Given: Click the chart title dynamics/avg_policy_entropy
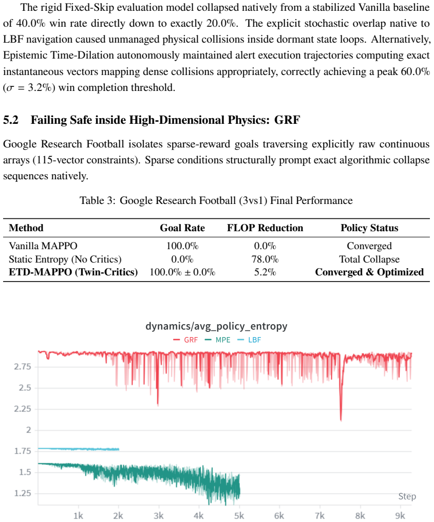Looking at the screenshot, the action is pyautogui.click(x=216, y=326).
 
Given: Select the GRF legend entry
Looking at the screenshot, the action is pyautogui.click(x=186, y=340).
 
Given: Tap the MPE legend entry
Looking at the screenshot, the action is pyautogui.click(x=218, y=340).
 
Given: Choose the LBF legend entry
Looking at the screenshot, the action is pyautogui.click(x=249, y=340).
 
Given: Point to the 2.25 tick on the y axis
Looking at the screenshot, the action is pyautogui.click(x=22, y=409).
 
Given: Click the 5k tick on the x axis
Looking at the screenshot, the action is pyautogui.click(x=239, y=516).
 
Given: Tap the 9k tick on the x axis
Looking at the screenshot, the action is pyautogui.click(x=400, y=516).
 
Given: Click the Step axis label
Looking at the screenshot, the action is pyautogui.click(x=407, y=496).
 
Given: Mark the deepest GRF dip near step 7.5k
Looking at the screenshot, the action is pyautogui.click(x=341, y=420).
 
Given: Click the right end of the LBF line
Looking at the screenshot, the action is pyautogui.click(x=119, y=450).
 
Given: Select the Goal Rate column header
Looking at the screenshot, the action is pyautogui.click(x=182, y=228).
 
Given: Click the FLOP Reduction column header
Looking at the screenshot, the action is pyautogui.click(x=265, y=228).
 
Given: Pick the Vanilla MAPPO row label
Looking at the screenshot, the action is pyautogui.click(x=43, y=246).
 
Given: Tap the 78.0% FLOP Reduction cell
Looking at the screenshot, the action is pyautogui.click(x=265, y=259).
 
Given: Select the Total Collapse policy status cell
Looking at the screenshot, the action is pyautogui.click(x=369, y=259).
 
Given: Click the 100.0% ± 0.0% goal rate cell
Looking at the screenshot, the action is pyautogui.click(x=182, y=272).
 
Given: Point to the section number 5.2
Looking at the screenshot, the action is pyautogui.click(x=11, y=120).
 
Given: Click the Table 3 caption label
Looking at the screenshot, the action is pyautogui.click(x=98, y=200).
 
